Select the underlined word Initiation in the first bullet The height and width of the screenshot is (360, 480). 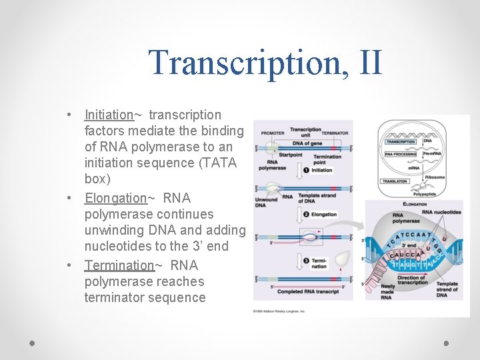tap(109, 115)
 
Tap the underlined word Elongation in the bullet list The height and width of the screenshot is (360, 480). tap(115, 198)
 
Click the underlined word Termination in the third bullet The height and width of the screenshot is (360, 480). tap(119, 265)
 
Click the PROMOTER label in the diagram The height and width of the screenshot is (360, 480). tap(272, 133)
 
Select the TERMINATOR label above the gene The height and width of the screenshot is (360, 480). tap(335, 133)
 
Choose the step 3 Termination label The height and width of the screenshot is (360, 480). tap(318, 263)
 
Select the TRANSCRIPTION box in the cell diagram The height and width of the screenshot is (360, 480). tap(401, 142)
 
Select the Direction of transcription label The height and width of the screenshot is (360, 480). tap(412, 279)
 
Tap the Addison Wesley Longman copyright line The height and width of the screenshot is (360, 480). tap(279, 311)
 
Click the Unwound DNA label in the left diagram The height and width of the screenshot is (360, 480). tap(265, 203)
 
